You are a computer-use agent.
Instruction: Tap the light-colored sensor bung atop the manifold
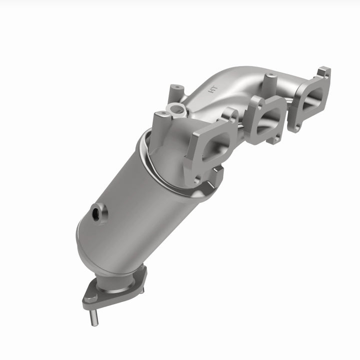pyautogui.click(x=174, y=108)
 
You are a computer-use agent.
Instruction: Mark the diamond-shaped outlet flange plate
pyautogui.click(x=115, y=289)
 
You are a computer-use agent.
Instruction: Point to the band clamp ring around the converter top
pyautogui.click(x=150, y=160)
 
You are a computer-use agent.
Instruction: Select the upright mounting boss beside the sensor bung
pyautogui.click(x=161, y=119)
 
